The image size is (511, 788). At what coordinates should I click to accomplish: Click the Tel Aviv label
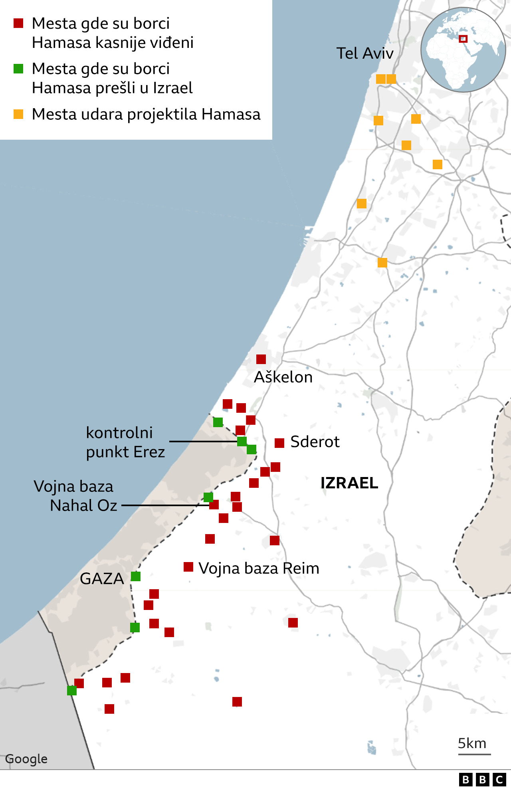click(x=365, y=53)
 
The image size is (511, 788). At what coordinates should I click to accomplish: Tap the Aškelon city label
click(x=283, y=377)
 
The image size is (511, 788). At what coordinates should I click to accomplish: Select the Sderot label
click(x=315, y=442)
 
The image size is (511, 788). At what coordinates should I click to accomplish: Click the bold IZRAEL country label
click(x=349, y=483)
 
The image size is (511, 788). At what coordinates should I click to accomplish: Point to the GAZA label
click(x=102, y=579)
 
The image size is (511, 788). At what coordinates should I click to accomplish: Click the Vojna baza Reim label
click(x=259, y=568)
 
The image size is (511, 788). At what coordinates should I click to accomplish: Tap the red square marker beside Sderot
click(x=279, y=443)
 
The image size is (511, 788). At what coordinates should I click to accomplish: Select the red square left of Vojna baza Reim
click(x=188, y=567)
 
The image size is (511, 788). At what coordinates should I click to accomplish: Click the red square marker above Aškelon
click(x=261, y=359)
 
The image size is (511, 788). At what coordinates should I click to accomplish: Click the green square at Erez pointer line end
click(x=242, y=442)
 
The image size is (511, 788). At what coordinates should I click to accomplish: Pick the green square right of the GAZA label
click(x=136, y=576)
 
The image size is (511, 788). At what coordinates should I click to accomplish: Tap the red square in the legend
click(x=18, y=24)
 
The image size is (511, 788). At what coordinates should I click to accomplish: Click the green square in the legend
click(x=18, y=69)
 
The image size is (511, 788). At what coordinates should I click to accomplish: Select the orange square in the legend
click(x=18, y=115)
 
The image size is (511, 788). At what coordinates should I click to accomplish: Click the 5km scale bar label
click(x=472, y=743)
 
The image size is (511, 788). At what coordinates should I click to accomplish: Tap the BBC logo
click(x=482, y=780)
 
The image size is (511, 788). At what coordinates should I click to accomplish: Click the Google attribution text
click(x=26, y=759)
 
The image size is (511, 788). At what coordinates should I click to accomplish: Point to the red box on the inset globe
click(x=463, y=39)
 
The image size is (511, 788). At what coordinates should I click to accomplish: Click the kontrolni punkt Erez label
click(x=125, y=442)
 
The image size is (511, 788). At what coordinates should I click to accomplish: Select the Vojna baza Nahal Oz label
click(x=76, y=496)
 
